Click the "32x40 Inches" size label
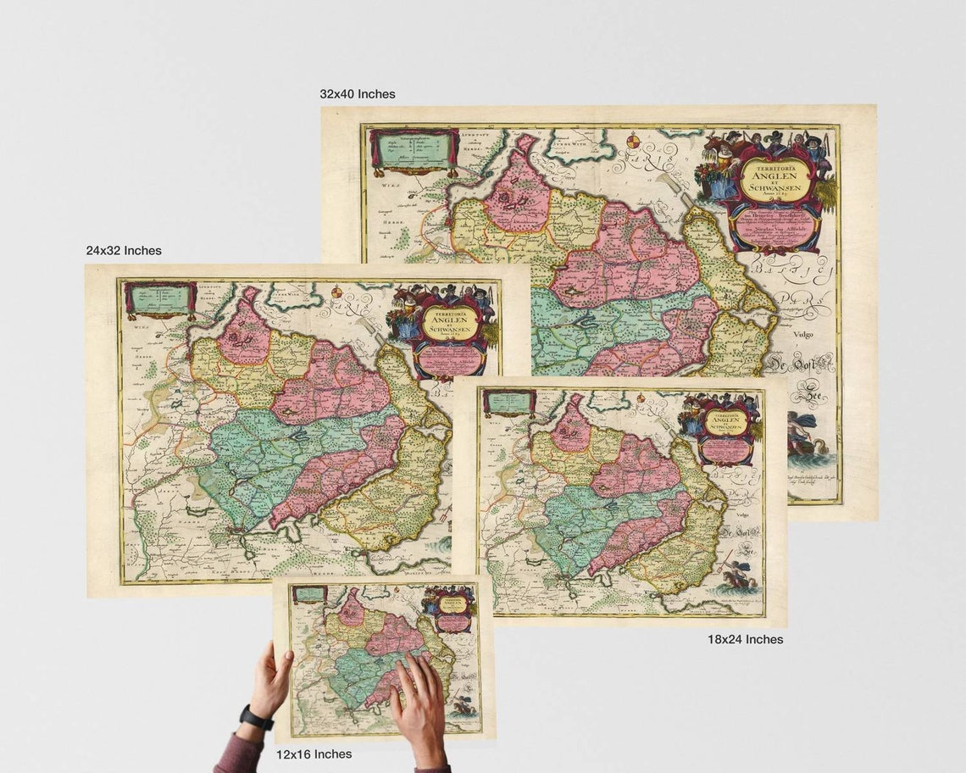coord(357,94)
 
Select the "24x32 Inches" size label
coord(123,251)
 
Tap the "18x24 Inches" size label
coord(745,639)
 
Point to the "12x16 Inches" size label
coord(314,754)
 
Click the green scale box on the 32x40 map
coord(413,149)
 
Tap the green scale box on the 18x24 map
coord(508,402)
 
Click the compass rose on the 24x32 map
coord(336,292)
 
